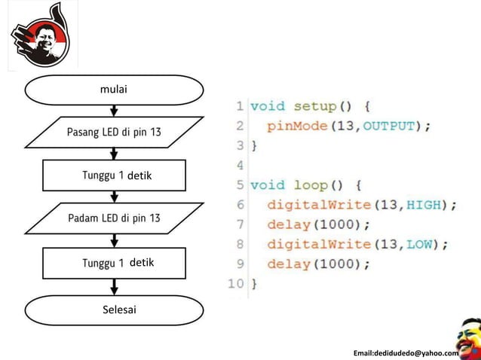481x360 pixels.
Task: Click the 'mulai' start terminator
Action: (115, 90)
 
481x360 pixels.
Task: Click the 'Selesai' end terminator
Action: (115, 310)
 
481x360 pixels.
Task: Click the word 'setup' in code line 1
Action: (315, 106)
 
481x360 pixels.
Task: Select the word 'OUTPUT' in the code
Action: (390, 126)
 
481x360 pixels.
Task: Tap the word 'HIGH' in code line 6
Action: (428, 205)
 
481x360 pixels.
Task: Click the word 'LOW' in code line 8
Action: (424, 244)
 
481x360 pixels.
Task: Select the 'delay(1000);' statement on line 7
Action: (318, 224)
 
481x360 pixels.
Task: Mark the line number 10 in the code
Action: (235, 284)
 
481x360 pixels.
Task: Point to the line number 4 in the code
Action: (240, 165)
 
